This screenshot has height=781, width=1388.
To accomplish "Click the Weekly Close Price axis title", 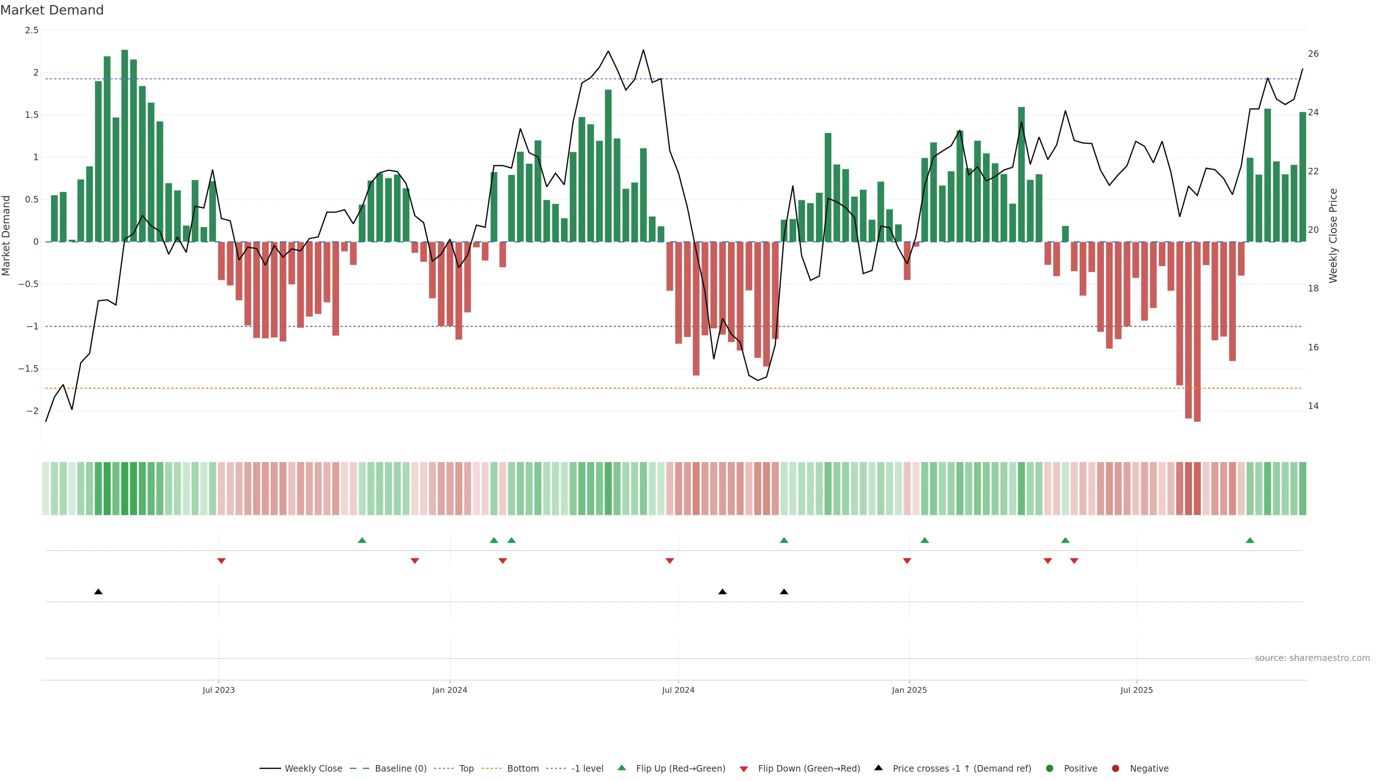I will point(1333,235).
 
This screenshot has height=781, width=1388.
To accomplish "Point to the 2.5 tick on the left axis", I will point(32,30).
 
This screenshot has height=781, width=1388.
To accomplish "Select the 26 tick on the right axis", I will point(1313,54).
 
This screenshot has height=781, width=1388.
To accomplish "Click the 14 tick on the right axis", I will point(1313,406).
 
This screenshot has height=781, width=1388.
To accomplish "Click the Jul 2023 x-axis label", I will point(218,690).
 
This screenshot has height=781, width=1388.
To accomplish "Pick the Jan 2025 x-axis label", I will point(909,690).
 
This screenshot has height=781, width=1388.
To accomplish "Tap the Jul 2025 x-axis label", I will point(1136,690).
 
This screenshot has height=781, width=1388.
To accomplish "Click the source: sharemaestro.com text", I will point(1312,658).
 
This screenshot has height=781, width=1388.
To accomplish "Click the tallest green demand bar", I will point(124,145).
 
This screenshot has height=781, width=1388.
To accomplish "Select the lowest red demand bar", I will point(1197,332).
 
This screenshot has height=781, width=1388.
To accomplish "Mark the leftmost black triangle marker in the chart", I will point(98,592).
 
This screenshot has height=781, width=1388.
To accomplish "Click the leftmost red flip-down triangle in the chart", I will point(221,561).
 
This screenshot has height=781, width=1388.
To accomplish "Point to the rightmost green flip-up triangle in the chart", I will point(1250,541).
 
